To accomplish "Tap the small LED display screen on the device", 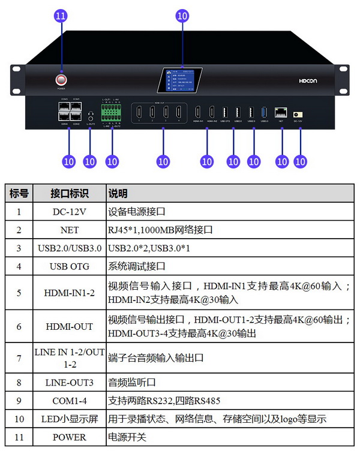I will pos(180,80).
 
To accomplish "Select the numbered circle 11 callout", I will pos(61,16).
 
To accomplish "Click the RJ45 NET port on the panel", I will pos(281,112).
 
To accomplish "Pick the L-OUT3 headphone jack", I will pos(90,115).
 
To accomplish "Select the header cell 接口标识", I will pos(70,194).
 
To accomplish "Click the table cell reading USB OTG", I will pos(70,266).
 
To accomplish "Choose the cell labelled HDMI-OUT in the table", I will pos(70,326).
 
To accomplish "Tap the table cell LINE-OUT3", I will pos(70,381).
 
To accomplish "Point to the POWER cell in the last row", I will pos(70,437).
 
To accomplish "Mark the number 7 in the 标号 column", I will pos(19,357).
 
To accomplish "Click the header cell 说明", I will pos(118,194).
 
